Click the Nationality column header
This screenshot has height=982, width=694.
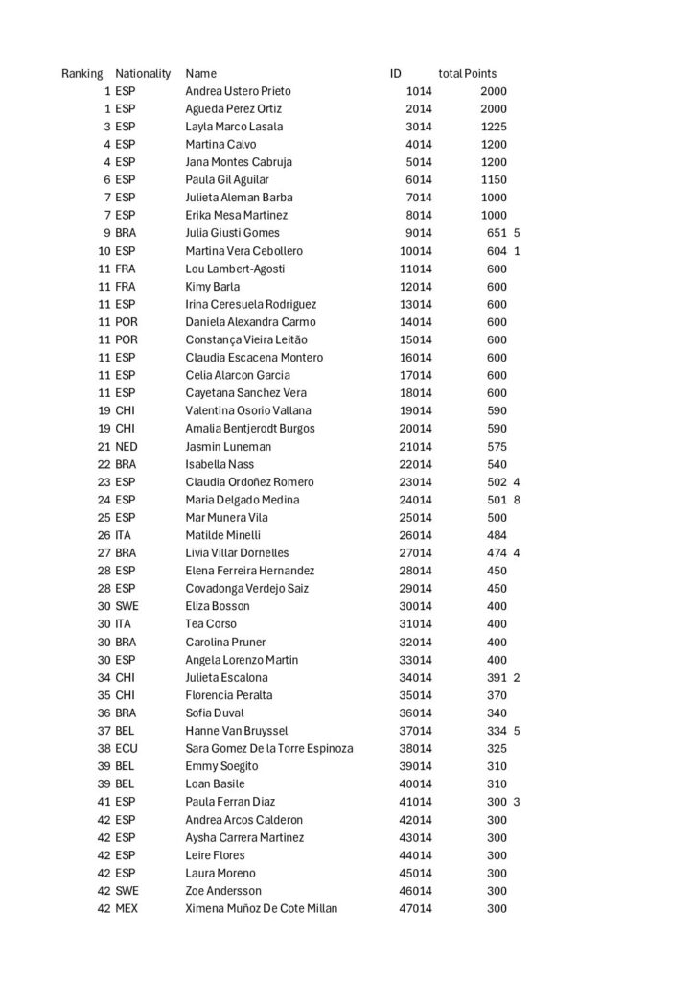pos(143,73)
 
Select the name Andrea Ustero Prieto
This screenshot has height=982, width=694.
pos(238,91)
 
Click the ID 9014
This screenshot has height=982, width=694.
pos(419,233)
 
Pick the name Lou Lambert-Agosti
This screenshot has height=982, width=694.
pos(235,269)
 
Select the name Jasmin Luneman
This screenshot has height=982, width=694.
pos(228,447)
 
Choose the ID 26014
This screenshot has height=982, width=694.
pos(415,535)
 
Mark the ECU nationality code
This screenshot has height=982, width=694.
pos(127,749)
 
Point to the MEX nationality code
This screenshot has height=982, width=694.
pos(127,909)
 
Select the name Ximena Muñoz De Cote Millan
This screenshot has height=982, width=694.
pos(261,909)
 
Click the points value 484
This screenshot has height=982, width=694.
pos(497,535)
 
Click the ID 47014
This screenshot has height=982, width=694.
pos(415,909)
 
